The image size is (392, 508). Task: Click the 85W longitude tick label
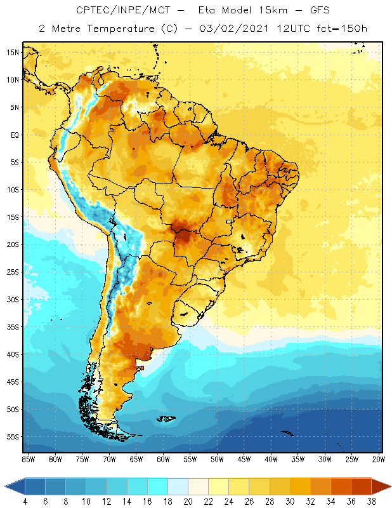point(28,458)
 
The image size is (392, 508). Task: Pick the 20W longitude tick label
point(379,458)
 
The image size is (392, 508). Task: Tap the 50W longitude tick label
point(217,458)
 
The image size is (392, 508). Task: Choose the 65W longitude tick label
point(136,458)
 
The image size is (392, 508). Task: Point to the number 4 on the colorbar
point(25,501)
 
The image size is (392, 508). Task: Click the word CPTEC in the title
point(93,11)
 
